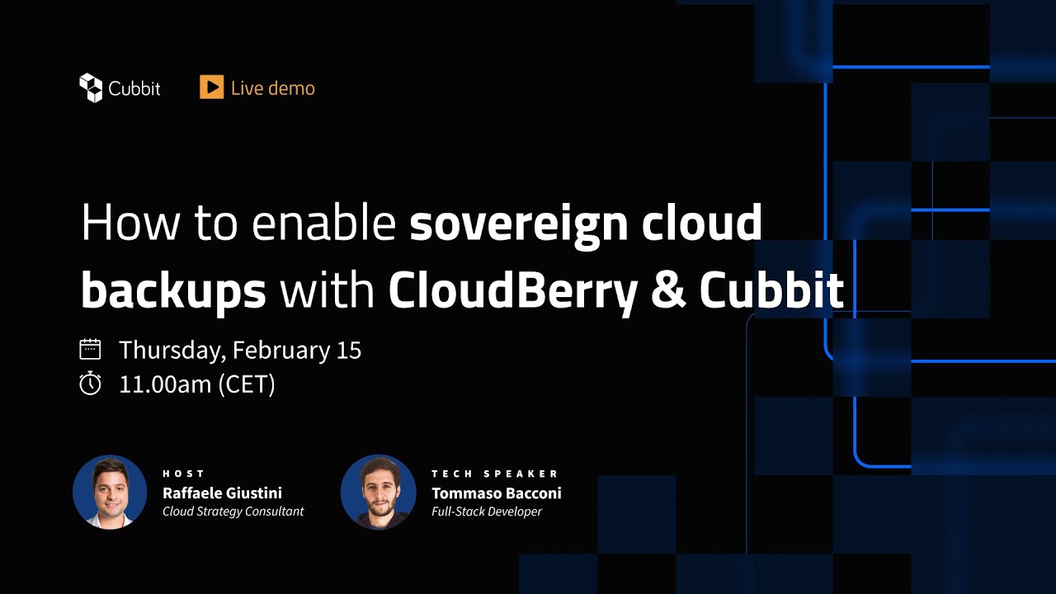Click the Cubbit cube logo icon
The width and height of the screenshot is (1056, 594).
[x=90, y=87]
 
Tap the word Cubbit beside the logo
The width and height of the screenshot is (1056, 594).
[x=134, y=88]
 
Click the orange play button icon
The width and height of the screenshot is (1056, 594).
[x=211, y=87]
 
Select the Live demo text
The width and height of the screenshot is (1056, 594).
[x=272, y=88]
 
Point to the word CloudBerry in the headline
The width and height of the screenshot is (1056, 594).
[x=513, y=290]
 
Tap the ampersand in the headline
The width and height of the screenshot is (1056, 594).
[x=668, y=290]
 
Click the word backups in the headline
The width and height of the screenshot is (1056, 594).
[x=173, y=290]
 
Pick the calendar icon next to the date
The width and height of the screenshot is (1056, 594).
[x=90, y=349]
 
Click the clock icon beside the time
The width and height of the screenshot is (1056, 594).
[x=90, y=384]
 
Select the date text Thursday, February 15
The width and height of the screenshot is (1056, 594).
[x=240, y=350]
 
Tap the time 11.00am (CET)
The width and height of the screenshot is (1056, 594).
[x=197, y=384]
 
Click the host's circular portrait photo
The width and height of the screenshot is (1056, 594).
[x=110, y=492]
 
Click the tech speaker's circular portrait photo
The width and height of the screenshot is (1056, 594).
[x=378, y=492]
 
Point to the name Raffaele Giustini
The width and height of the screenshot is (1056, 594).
[x=222, y=493]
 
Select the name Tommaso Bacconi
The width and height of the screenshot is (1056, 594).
[x=496, y=493]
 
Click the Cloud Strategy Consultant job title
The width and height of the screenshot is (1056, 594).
[x=233, y=511]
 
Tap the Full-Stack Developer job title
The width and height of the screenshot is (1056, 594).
[x=487, y=511]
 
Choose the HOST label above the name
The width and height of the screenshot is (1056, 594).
[x=183, y=474]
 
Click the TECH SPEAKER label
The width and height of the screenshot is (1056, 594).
[x=495, y=474]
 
